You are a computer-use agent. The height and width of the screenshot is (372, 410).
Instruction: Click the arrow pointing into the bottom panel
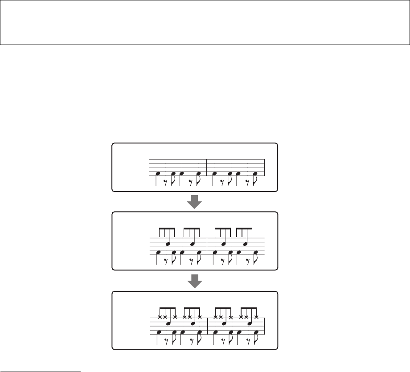pos(194,282)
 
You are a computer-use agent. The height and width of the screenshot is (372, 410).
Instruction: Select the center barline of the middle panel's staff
pos(207,246)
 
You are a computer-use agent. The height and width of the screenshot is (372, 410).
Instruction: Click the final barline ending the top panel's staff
pos(265,167)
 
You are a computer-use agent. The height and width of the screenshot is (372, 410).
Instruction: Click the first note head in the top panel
pos(157,173)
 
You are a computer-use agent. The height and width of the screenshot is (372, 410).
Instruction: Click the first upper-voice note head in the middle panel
pos(168,244)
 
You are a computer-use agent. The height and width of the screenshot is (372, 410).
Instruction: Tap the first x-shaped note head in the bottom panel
pos(160,317)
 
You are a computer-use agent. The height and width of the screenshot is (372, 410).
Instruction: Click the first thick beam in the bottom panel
pos(167,308)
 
